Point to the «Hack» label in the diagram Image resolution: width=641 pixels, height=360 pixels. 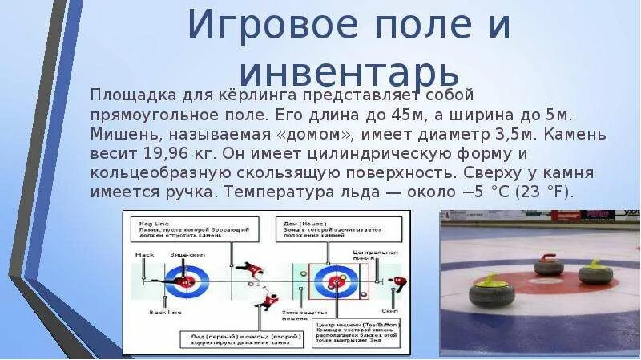pyautogui.click(x=144, y=255)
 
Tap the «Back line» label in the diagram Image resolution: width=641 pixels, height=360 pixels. pyautogui.click(x=147, y=314)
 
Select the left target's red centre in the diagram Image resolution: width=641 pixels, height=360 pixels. pyautogui.click(x=187, y=281)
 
